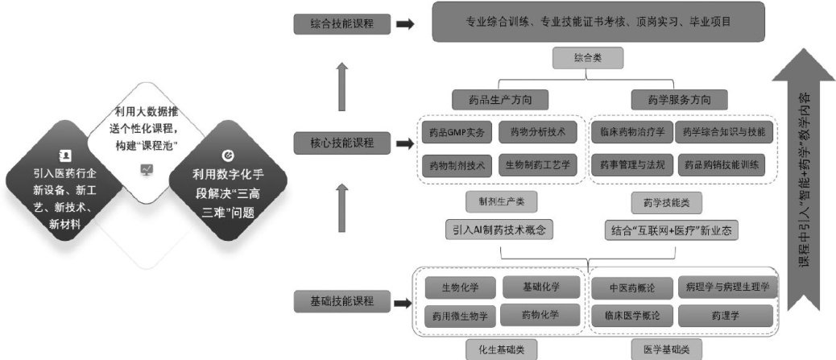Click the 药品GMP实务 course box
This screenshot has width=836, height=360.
pyautogui.click(x=455, y=131)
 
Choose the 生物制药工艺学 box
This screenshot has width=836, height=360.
pyautogui.click(x=537, y=165)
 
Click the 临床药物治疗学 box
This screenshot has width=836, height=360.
pyautogui.click(x=632, y=131)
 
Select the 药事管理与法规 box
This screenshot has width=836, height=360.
pyautogui.click(x=632, y=165)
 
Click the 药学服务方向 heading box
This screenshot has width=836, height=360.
pyautogui.click(x=677, y=100)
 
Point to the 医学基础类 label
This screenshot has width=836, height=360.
pyautogui.click(x=672, y=350)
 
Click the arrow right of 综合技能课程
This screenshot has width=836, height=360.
pyautogui.click(x=406, y=24)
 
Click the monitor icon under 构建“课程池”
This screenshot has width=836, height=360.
pyautogui.click(x=147, y=169)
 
